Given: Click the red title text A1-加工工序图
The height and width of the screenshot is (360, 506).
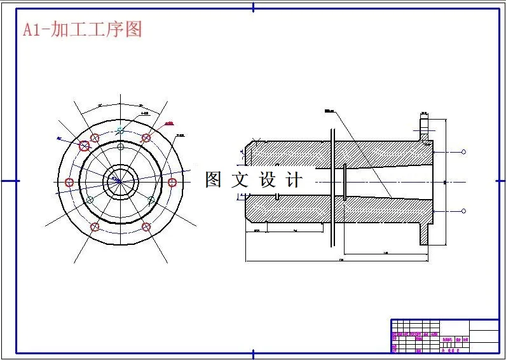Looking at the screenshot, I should tap(82, 29).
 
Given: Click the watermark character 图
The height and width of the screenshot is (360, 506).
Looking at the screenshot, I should tap(213, 180).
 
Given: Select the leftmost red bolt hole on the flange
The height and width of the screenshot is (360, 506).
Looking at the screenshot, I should tap(69, 183).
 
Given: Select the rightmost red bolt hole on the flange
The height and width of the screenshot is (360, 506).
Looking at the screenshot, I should tap(172, 183).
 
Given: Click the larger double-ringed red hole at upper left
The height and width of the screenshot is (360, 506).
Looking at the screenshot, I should tap(84, 146).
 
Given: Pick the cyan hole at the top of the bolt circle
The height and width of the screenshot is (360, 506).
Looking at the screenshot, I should tap(120, 130).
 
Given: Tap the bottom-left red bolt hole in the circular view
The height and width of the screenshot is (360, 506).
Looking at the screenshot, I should tap(95, 227).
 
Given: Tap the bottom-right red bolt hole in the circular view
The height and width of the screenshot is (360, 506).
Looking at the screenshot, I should tap(146, 227).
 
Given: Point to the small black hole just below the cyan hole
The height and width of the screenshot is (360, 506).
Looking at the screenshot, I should tap(120, 146).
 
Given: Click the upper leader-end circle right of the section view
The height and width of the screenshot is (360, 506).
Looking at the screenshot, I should tap(463, 152).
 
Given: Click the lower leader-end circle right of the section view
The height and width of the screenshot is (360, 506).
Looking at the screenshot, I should tap(463, 211).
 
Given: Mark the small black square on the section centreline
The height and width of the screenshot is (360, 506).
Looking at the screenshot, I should tap(444, 183).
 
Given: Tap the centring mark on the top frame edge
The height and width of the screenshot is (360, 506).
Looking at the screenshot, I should tap(254, 8).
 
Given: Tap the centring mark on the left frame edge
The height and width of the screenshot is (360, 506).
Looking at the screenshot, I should tap(8, 181).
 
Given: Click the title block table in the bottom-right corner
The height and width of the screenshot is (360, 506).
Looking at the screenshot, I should tap(444, 336).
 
